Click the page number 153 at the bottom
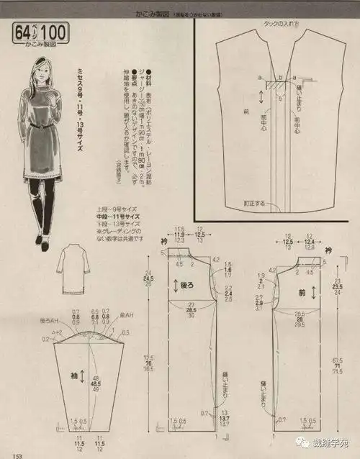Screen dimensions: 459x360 tap(9, 454)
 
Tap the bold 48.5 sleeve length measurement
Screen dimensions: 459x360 tap(94, 385)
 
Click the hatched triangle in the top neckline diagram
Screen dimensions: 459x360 tap(273, 83)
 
